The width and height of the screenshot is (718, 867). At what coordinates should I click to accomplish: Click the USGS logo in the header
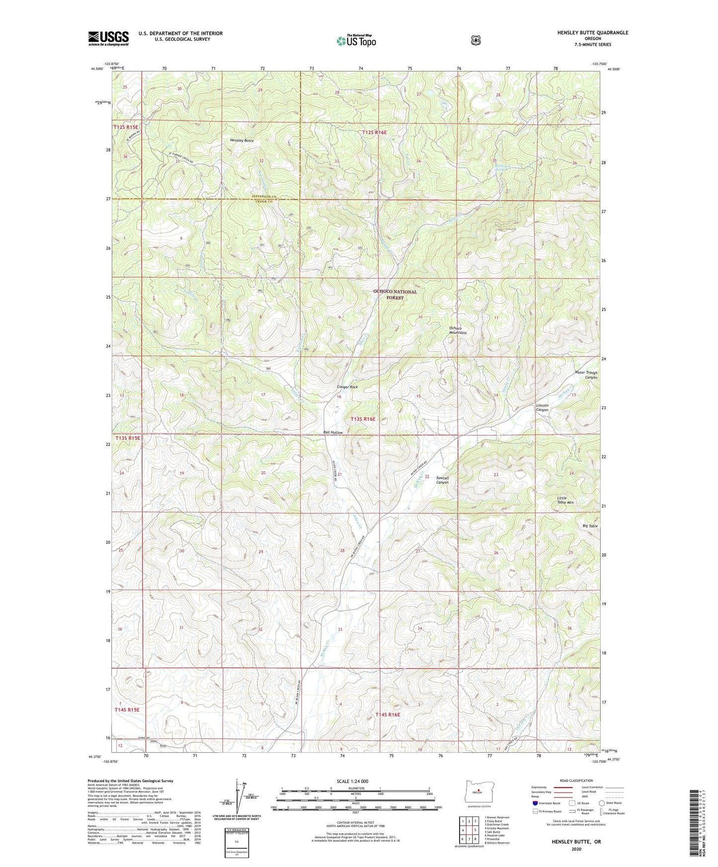coord(108,38)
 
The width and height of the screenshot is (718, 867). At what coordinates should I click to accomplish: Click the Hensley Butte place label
coord(242,141)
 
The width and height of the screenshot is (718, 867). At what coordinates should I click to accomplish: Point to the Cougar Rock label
coord(347,387)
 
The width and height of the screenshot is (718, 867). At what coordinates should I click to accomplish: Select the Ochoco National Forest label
coord(395,295)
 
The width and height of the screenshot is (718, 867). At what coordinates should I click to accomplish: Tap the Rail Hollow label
coord(333,433)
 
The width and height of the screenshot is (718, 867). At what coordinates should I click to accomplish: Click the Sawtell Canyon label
coord(442,480)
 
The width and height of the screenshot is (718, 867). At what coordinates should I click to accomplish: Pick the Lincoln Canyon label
coord(542,408)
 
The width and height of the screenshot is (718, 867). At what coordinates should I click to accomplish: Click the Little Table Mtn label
coord(565,500)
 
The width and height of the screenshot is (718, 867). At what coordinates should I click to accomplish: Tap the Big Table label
coord(590,526)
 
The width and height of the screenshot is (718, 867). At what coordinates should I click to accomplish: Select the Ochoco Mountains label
coord(458,330)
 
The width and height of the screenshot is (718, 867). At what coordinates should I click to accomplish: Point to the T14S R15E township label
coord(127,710)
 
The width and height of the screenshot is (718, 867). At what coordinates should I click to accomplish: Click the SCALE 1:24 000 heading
coord(354,781)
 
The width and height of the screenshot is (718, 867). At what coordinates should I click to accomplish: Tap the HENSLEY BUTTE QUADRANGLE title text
coord(585,33)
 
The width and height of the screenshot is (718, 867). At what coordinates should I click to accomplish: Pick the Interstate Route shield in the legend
coord(535,803)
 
